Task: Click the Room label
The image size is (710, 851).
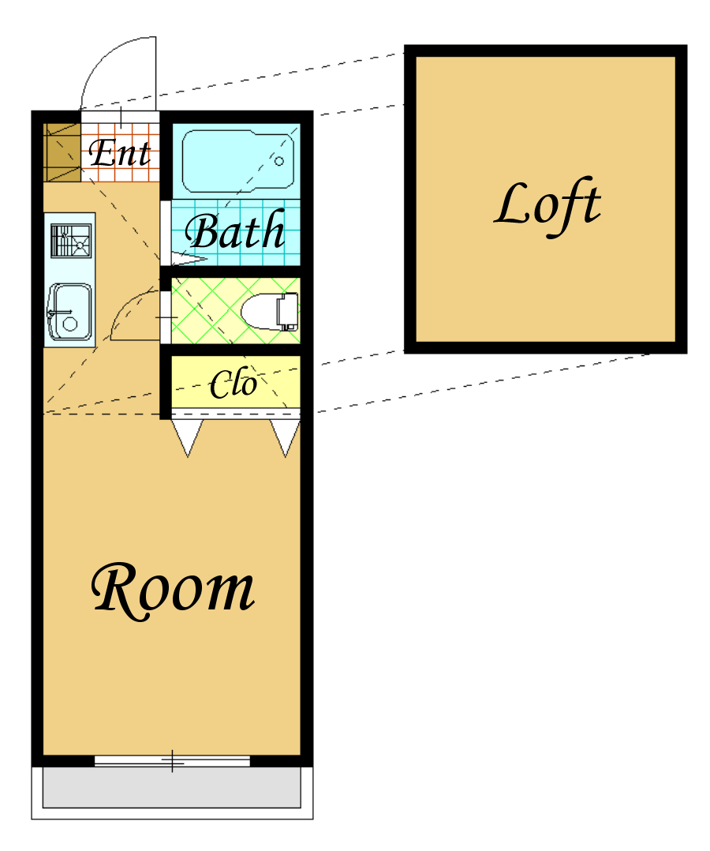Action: [173, 591]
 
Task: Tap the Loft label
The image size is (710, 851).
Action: [547, 207]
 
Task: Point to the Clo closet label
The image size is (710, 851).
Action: [234, 383]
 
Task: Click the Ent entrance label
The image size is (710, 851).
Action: [119, 152]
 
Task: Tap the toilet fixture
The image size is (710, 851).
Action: [270, 312]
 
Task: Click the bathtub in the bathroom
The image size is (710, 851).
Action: [238, 161]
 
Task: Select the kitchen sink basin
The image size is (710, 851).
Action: [69, 312]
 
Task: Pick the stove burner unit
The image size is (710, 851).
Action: [71, 241]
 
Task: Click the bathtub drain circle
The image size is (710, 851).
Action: [279, 161]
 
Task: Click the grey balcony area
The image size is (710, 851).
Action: [172, 788]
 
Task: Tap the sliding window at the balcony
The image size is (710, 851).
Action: [172, 761]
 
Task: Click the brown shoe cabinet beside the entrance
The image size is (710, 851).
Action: [62, 152]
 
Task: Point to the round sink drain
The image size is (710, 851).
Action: [70, 324]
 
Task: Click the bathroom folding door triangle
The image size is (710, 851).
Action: [189, 259]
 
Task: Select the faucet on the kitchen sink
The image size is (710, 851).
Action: [59, 313]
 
